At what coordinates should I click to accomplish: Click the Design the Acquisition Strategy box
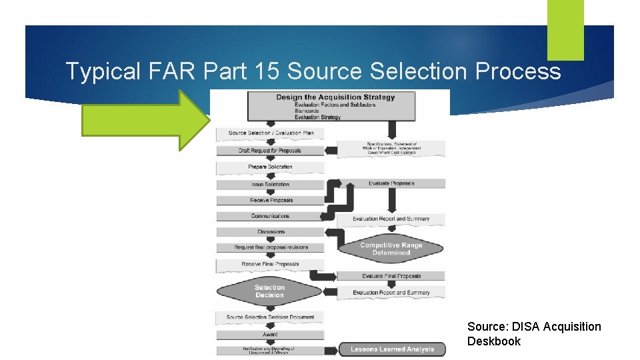(x=331, y=106)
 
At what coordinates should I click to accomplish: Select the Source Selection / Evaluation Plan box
(x=270, y=133)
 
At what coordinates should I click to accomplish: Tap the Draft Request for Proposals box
(x=270, y=151)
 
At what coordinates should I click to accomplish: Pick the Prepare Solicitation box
(x=270, y=167)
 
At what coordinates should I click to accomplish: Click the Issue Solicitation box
(x=270, y=184)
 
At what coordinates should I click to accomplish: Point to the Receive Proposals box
(x=270, y=200)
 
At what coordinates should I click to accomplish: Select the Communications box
(x=270, y=216)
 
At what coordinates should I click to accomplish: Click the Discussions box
(x=270, y=232)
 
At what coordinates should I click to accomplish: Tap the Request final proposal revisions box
(x=270, y=247)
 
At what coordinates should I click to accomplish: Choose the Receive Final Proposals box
(x=270, y=264)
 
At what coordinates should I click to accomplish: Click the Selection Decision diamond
(x=269, y=291)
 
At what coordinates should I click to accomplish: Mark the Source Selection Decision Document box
(x=270, y=317)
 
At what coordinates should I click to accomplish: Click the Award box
(x=270, y=335)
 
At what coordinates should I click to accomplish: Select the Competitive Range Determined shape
(x=391, y=249)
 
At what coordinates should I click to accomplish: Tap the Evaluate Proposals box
(x=391, y=183)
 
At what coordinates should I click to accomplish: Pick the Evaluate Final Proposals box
(x=391, y=276)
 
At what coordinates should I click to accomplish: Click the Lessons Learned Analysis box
(x=391, y=349)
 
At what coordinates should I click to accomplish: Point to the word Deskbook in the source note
(x=494, y=341)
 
